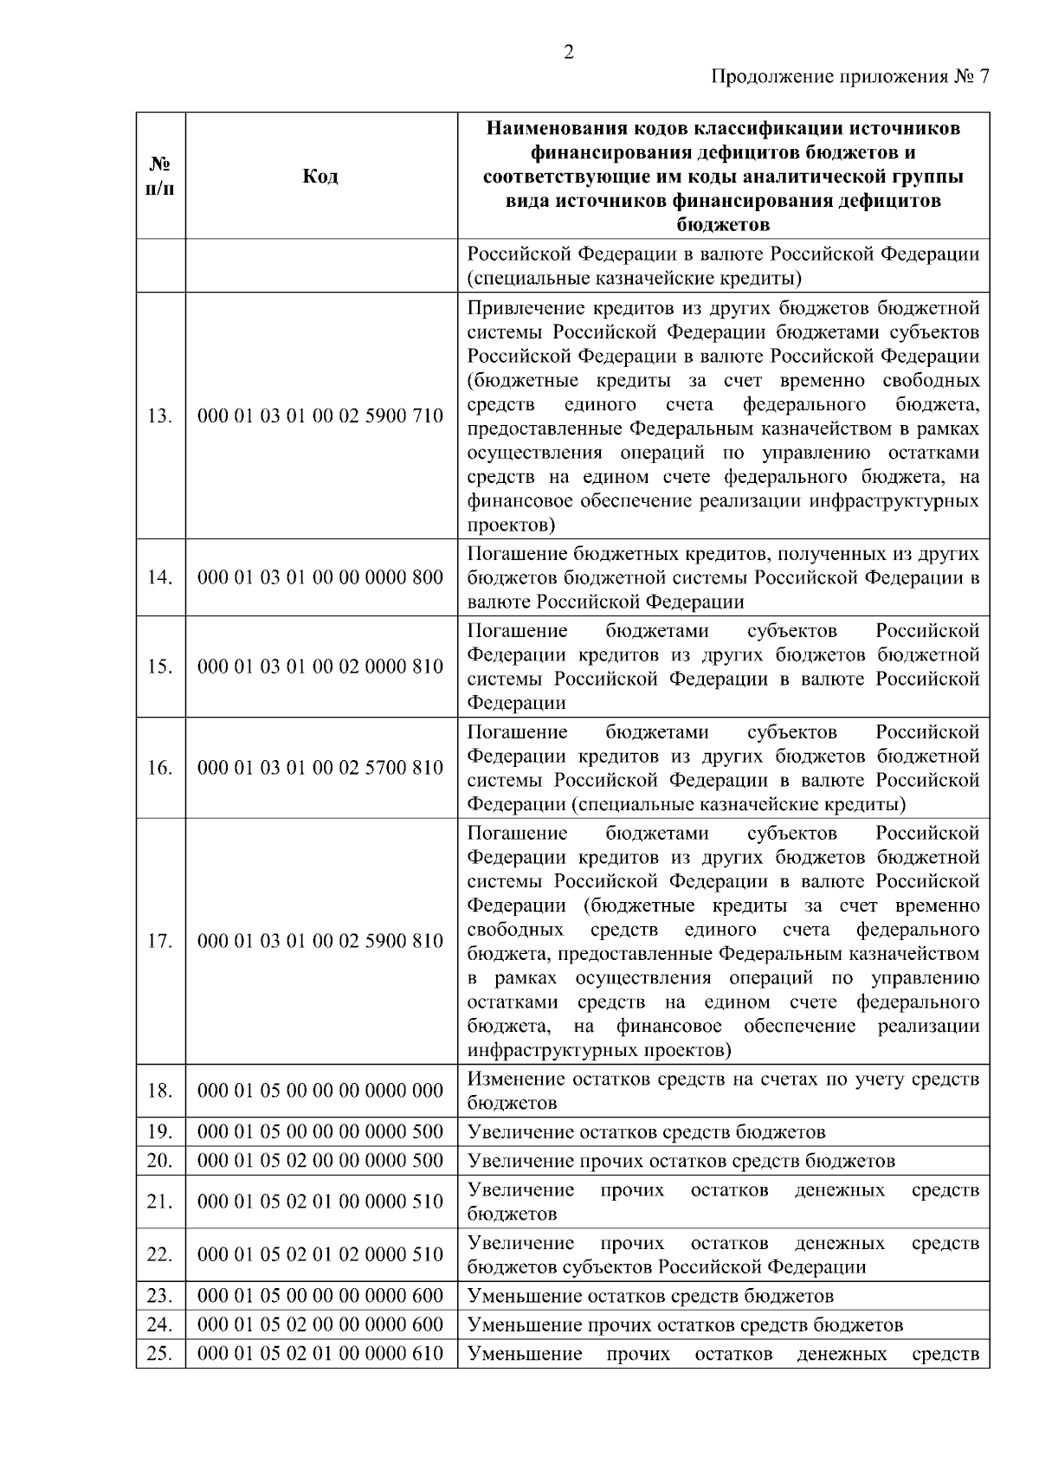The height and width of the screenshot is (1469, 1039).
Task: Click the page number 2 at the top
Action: coord(568,52)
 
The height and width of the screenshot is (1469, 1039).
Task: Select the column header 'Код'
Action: coord(320,177)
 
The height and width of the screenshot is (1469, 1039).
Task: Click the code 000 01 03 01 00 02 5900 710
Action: coord(320,416)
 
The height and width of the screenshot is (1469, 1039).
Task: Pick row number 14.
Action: coord(160,577)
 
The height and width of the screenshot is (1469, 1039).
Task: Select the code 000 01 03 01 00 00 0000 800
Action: coord(320,577)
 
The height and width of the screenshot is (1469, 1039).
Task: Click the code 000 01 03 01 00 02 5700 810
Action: coord(320,768)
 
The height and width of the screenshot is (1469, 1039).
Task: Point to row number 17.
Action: coord(160,941)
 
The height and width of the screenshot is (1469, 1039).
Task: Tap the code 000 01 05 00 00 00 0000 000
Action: coord(320,1091)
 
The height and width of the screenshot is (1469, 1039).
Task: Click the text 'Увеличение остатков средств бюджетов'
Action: coord(646,1132)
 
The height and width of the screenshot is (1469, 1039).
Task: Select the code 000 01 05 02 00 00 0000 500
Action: coord(320,1160)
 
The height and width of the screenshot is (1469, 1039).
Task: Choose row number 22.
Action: coord(160,1254)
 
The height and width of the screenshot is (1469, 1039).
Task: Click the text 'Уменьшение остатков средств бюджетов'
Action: coord(650,1296)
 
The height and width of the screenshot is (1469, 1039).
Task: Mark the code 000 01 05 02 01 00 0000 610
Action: coord(320,1353)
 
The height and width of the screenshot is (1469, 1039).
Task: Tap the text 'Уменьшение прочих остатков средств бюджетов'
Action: coord(685,1324)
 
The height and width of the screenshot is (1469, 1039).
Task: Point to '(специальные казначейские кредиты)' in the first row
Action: coord(634,279)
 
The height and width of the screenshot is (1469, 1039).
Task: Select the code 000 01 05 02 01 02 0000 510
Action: coord(320,1254)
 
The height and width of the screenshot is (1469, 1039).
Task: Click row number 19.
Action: coord(160,1131)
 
